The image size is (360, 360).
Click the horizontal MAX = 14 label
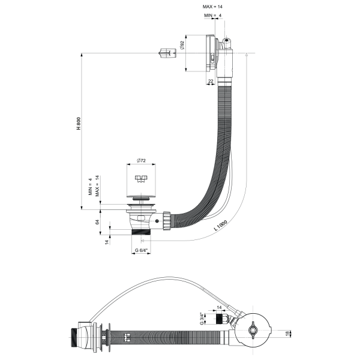(214, 6)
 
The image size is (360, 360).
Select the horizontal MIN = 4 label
(211, 15)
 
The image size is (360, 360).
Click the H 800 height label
(78, 124)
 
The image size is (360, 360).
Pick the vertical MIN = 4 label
(91, 188)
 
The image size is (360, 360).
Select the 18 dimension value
(287, 332)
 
